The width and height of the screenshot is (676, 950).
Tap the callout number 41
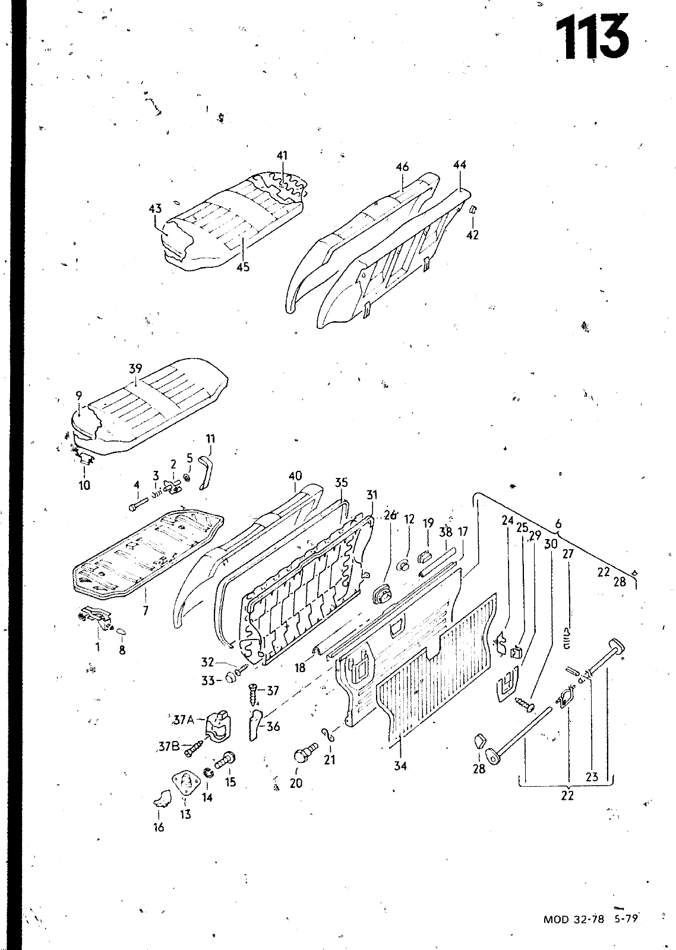pos(282,156)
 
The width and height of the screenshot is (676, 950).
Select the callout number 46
pos(402,167)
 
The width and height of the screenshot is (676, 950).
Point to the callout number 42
pos(472,235)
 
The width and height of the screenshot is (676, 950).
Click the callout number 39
pos(135,369)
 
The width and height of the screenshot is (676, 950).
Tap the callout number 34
pos(400,766)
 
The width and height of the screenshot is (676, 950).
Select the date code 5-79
pos(626,919)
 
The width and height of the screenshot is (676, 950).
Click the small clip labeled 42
pos(474,210)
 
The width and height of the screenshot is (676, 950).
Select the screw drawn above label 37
pos(253,692)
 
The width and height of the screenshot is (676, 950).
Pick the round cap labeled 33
pos(229,679)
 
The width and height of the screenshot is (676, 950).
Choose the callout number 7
pos(146,610)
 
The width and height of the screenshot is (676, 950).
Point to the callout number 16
pos(159,827)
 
